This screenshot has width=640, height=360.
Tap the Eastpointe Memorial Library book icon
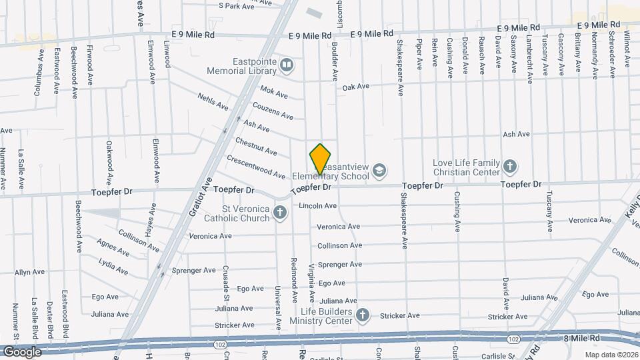click(287, 65)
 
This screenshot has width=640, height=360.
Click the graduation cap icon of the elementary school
click(379, 171)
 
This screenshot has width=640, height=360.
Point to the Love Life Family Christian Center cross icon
click(510, 166)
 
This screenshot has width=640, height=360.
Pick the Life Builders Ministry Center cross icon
click(363, 315)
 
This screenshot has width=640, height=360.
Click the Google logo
click(21, 351)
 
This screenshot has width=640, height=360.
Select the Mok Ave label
click(273, 93)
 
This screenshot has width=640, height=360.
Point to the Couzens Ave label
click(273, 111)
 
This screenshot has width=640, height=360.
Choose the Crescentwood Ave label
click(256, 167)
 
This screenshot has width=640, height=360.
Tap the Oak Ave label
click(355, 87)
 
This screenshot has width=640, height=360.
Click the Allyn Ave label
click(30, 272)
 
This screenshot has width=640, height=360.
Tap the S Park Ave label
click(237, 6)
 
